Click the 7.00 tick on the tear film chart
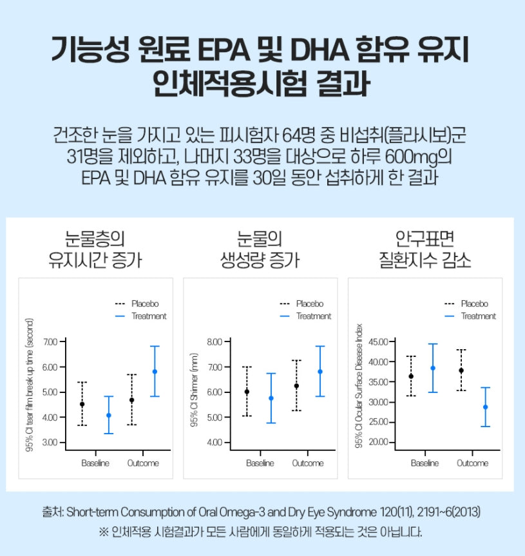coord(50,341)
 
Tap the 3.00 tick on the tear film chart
coord(50,443)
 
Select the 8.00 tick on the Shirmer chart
coord(214,341)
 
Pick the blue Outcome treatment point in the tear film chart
coord(155,372)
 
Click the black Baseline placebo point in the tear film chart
coord(82,404)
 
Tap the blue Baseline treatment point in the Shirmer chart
coord(271,398)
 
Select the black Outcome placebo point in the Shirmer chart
coord(296,386)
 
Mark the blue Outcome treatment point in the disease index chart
coord(486,407)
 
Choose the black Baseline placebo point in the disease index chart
coord(411,376)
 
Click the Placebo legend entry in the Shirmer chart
coord(310,303)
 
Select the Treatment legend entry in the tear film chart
coord(149,316)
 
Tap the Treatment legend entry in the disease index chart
coord(479,316)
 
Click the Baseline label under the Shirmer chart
coord(260,463)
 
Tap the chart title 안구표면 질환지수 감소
coord(425,249)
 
